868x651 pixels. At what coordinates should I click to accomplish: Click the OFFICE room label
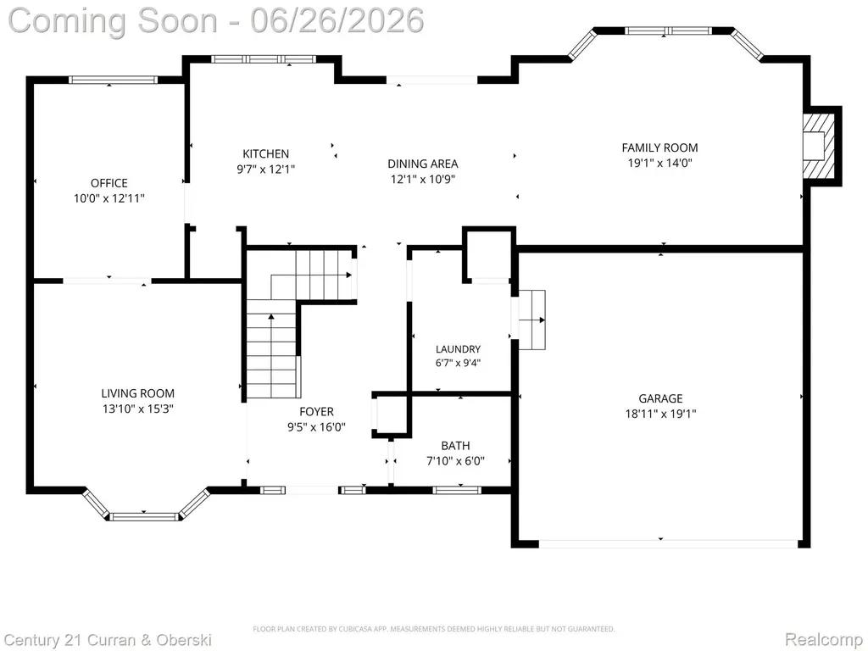point(109,183)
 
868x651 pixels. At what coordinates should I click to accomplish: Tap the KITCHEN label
point(265,154)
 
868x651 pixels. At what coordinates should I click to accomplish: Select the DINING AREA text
point(423,164)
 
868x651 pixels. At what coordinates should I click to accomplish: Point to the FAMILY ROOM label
point(659,147)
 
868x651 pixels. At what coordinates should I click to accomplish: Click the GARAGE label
point(660,398)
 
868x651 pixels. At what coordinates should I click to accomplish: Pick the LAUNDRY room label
point(458,349)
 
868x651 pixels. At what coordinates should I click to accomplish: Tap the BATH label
point(455,446)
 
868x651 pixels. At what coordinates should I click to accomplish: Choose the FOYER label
point(317,412)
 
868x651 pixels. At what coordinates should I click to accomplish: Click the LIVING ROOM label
point(138,393)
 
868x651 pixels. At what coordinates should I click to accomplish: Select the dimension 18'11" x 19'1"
point(660,414)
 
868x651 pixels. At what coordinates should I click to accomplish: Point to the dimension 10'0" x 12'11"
point(109,198)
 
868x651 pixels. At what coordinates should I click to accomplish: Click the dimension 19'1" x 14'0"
point(659,163)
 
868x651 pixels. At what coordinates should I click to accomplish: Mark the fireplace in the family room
point(821,146)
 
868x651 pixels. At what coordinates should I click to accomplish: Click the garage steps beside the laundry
point(531,320)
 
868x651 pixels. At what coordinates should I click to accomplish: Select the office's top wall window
point(113,80)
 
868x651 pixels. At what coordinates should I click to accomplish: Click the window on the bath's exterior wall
point(457,489)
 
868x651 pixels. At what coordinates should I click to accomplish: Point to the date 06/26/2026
point(337,20)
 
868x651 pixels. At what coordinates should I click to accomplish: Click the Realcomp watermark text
point(824,639)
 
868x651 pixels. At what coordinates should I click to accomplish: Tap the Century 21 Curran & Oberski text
point(108,640)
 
